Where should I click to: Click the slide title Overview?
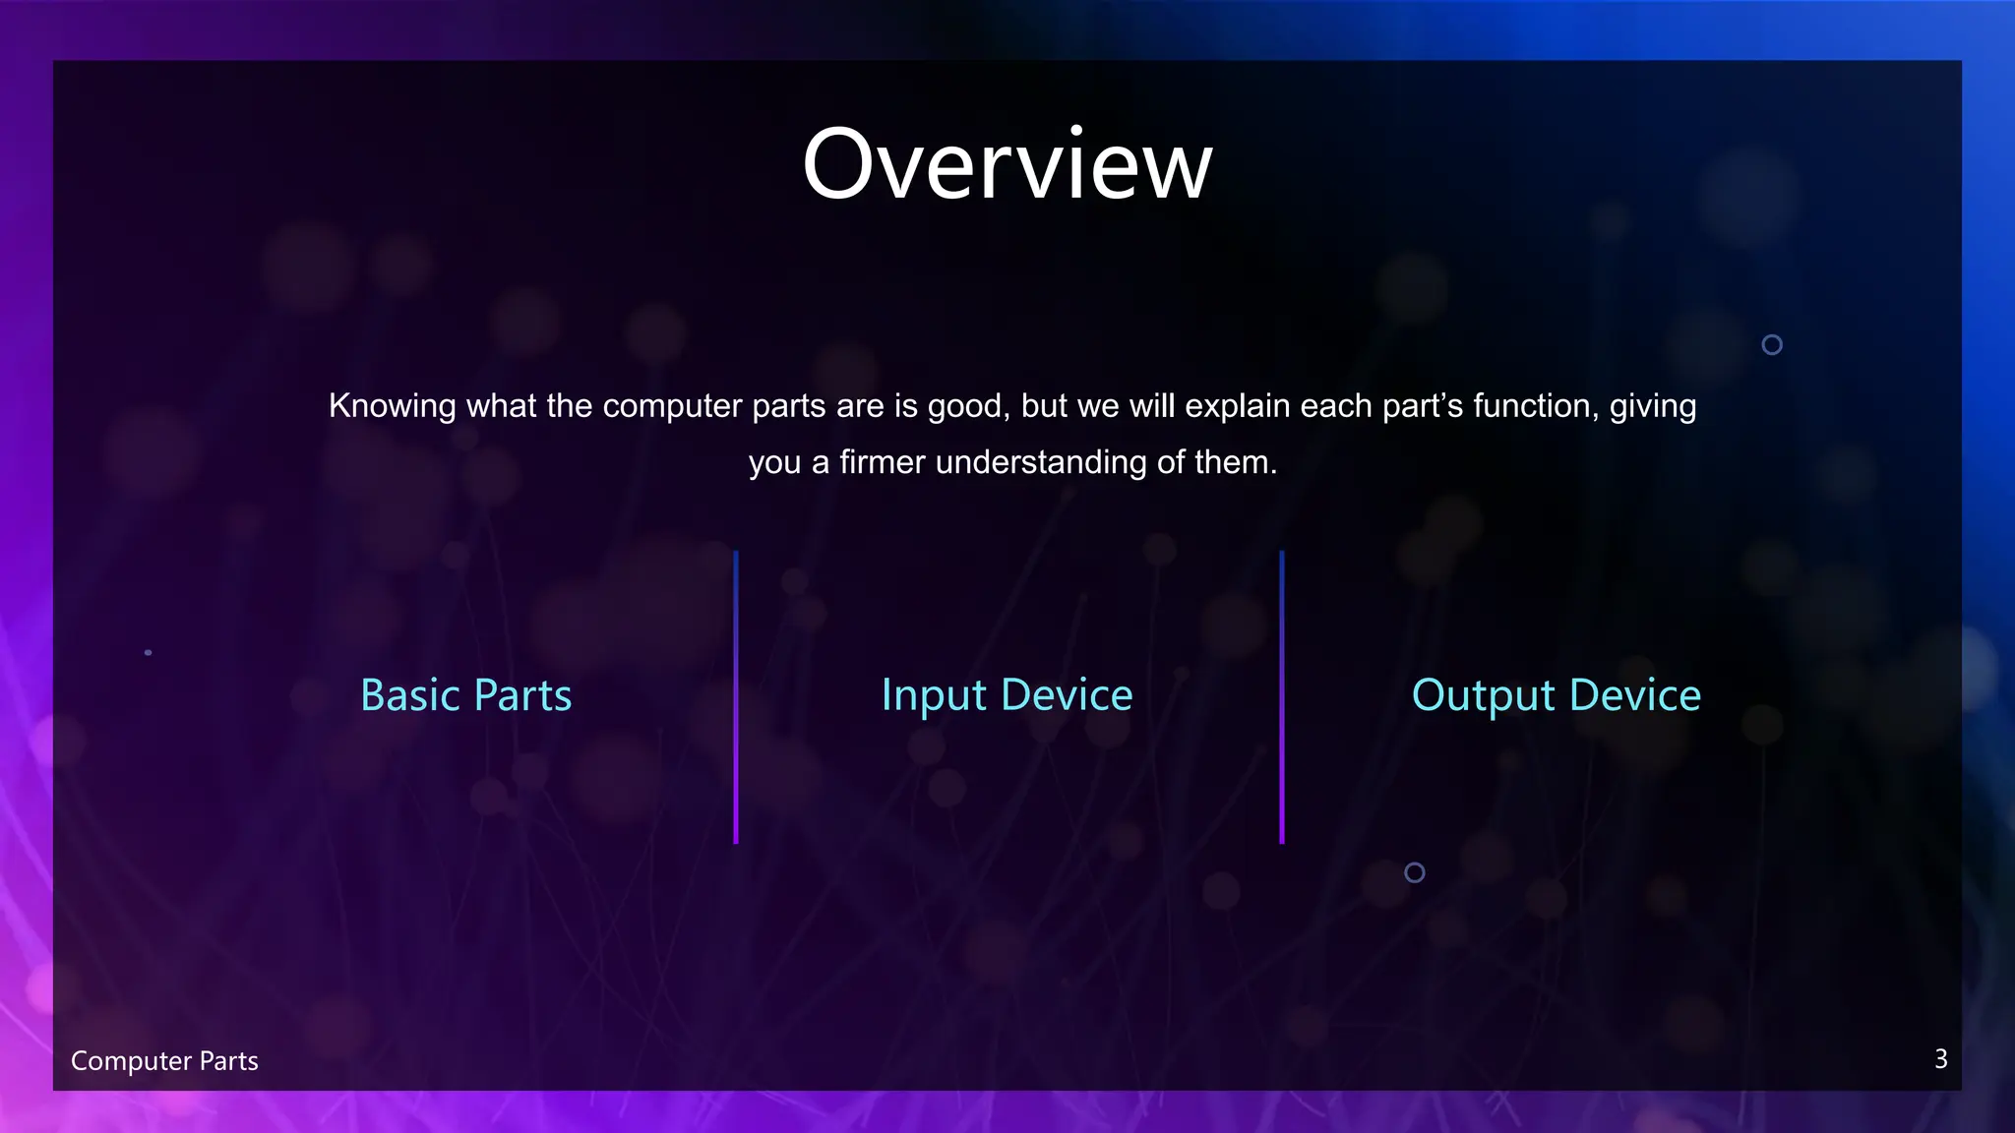click(1007, 164)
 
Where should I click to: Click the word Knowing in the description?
click(392, 406)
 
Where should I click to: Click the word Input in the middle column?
click(934, 695)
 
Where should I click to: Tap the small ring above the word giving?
click(1772, 344)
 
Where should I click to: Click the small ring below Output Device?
click(1415, 872)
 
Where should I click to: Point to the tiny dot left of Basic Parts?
click(149, 652)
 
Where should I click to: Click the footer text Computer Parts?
click(164, 1061)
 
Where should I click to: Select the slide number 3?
click(1940, 1059)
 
